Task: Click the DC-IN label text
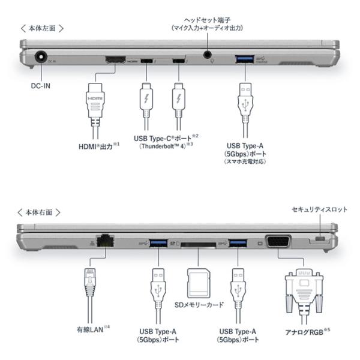pyautogui.click(x=41, y=85)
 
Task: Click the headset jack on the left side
pyautogui.click(x=208, y=54)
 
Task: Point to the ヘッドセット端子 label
pyautogui.click(x=208, y=18)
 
